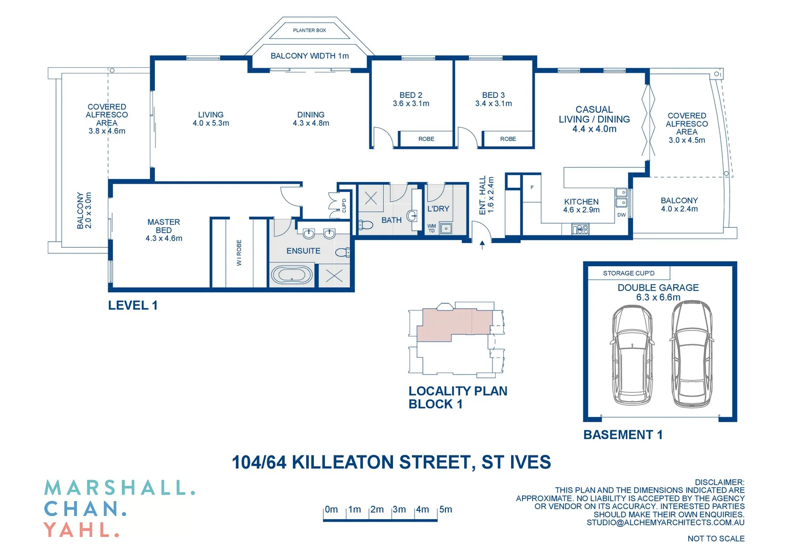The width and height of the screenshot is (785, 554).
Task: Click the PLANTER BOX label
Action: (309, 30)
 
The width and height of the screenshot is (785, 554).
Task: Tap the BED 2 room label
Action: (410, 95)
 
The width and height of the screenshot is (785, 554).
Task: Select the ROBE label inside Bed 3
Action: (508, 139)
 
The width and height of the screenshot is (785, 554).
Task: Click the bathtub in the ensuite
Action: (291, 275)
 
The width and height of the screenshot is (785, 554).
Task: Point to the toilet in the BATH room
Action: (366, 225)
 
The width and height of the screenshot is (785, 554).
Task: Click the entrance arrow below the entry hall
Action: (482, 245)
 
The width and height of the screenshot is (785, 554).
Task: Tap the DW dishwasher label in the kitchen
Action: (621, 215)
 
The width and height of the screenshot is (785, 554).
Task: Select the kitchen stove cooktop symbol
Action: (581, 229)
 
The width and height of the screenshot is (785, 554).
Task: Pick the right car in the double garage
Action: (692, 354)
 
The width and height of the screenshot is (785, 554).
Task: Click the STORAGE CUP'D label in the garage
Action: (629, 273)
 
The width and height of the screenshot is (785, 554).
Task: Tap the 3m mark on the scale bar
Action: (399, 510)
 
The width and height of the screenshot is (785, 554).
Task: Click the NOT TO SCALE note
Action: (716, 539)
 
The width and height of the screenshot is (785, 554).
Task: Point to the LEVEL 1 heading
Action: (132, 306)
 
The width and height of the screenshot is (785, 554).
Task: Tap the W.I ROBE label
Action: (239, 252)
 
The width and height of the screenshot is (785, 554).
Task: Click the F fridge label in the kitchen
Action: (532, 187)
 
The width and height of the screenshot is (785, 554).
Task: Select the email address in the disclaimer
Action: (665, 523)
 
